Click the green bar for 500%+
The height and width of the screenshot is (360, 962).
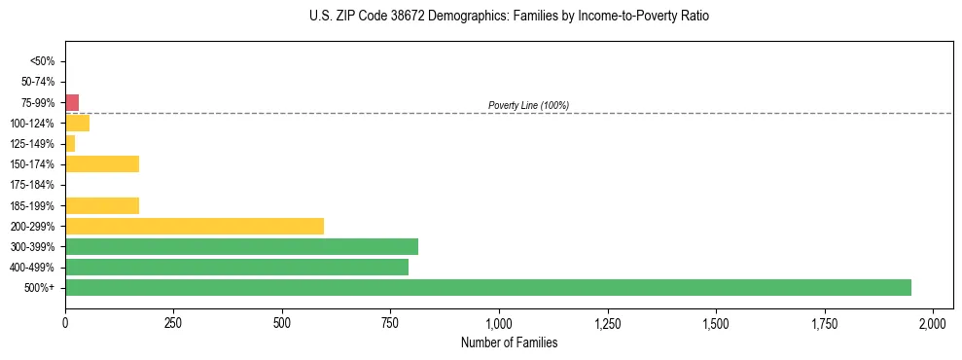tap(488, 287)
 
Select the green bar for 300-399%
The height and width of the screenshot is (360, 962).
tap(241, 246)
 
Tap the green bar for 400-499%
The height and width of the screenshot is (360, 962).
tap(236, 267)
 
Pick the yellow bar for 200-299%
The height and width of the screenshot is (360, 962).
tap(195, 226)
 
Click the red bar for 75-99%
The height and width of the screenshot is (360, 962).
tap(72, 102)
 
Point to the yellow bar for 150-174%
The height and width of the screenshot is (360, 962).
tap(102, 163)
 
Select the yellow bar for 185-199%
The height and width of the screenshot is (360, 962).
tap(102, 205)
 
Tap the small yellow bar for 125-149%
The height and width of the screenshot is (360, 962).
tap(70, 143)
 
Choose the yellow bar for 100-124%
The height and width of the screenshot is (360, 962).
tap(77, 123)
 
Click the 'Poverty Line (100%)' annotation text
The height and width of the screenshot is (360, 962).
tap(528, 105)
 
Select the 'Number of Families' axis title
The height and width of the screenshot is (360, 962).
tap(510, 342)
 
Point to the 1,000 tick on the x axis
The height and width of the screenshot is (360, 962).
tap(499, 322)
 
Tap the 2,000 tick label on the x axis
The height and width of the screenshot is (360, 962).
tap(933, 322)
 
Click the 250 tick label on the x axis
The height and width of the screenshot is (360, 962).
tap(173, 322)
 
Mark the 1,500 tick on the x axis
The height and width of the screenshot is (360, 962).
tap(716, 322)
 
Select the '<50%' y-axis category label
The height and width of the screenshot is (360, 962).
tap(43, 61)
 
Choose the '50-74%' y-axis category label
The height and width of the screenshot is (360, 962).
tap(38, 82)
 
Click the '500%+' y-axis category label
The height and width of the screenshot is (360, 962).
tap(40, 288)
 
